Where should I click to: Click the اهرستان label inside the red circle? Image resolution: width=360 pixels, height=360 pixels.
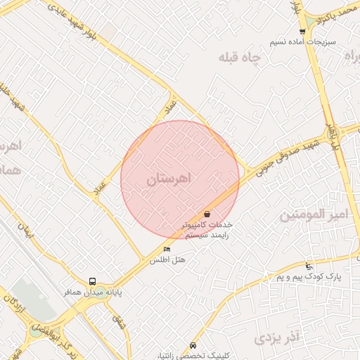(169, 180)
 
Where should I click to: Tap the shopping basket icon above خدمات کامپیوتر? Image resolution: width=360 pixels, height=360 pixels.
(207, 214)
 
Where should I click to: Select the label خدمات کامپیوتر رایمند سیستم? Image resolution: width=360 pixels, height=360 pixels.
(206, 231)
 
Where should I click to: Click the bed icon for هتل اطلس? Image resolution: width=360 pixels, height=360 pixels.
(167, 249)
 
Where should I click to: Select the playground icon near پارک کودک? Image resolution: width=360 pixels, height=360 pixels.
(309, 266)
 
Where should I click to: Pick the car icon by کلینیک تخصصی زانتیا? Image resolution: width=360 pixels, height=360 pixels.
(193, 345)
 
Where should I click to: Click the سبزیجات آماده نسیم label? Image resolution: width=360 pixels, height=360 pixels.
(303, 41)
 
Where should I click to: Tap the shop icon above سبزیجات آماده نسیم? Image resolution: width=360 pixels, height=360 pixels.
(302, 32)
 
